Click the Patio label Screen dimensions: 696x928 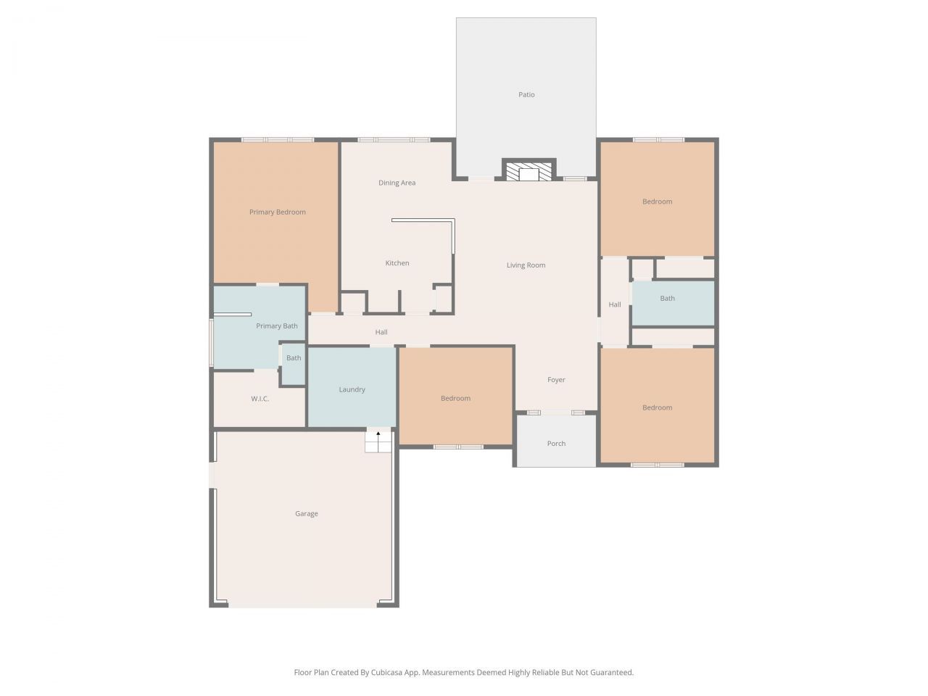[526, 95]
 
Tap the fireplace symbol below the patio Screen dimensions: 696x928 [529, 172]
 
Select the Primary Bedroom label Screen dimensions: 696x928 [277, 212]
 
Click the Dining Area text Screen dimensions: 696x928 [397, 183]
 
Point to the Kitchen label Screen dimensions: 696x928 [397, 263]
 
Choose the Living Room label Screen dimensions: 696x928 [526, 265]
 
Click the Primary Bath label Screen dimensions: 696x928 [276, 326]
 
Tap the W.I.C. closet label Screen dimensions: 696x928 [260, 399]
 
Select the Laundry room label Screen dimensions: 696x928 [352, 390]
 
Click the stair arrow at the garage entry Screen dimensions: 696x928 [378, 434]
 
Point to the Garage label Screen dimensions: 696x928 [306, 514]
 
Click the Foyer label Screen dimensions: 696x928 [556, 380]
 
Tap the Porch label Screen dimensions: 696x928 [556, 444]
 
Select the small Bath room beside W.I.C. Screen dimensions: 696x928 [294, 358]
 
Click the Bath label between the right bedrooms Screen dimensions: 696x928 [667, 299]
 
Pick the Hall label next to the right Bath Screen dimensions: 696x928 [614, 305]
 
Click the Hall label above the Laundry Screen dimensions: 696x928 [381, 333]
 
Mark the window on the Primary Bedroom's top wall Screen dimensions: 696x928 [278, 140]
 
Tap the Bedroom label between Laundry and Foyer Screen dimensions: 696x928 [455, 399]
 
